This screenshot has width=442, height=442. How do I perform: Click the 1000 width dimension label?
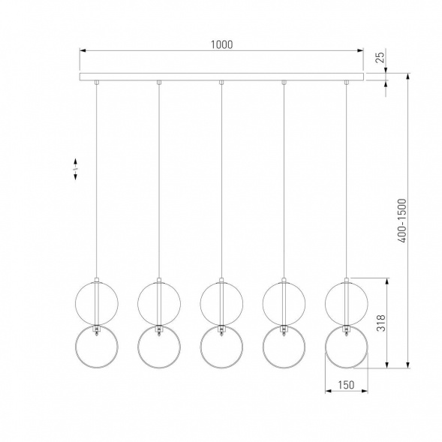[222, 45]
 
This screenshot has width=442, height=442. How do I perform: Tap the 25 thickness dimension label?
[380, 57]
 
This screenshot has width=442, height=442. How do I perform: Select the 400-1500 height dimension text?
[401, 221]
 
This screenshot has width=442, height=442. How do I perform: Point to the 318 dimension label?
[380, 323]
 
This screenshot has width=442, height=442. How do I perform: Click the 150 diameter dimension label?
[346, 385]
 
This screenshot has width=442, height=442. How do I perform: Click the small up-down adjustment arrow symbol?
[75, 169]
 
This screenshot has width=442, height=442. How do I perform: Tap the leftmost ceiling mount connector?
[96, 83]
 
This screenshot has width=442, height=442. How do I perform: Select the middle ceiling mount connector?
[221, 83]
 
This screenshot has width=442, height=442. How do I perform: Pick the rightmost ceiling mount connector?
[347, 83]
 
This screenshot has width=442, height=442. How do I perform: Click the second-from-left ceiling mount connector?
[159, 83]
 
